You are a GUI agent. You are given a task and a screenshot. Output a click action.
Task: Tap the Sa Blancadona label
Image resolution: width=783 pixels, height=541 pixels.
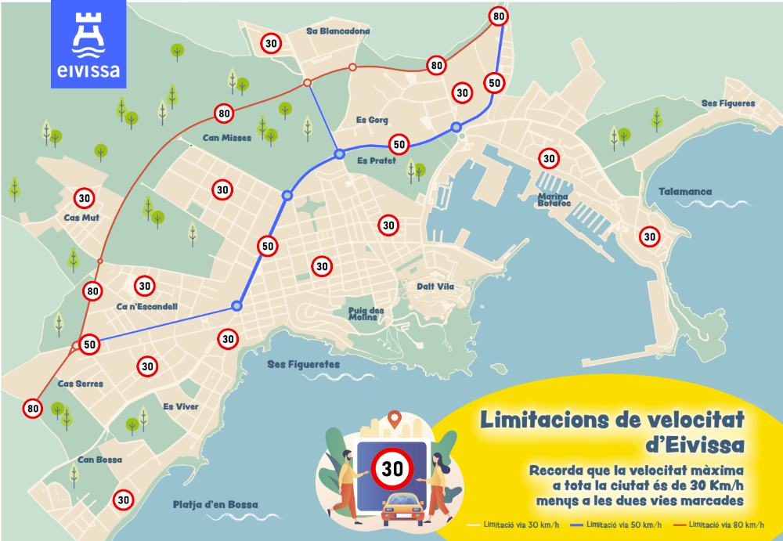338,31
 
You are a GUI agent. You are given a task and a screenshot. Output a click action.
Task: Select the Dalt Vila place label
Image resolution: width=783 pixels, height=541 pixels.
435,287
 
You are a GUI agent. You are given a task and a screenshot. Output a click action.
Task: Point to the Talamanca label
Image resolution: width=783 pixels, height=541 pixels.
685,192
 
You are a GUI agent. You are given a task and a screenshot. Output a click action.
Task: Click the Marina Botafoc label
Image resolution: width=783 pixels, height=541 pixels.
554,200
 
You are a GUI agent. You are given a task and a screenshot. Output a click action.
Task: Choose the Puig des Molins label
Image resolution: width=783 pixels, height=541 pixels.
366,314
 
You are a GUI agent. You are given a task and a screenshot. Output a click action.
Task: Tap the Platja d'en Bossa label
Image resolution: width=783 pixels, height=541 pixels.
215,505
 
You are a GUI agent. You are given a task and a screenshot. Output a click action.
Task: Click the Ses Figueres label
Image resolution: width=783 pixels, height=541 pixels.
728,103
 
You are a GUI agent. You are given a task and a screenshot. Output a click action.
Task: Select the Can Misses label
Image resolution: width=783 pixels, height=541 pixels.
226,138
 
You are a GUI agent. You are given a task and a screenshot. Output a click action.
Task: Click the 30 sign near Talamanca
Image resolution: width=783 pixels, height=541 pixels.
649,236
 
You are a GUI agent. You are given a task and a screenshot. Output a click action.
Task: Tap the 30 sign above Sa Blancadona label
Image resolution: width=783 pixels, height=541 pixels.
272,44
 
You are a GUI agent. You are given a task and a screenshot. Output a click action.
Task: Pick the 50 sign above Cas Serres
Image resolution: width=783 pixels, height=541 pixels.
89,344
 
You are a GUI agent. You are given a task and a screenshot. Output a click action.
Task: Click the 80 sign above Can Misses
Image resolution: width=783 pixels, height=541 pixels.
224,114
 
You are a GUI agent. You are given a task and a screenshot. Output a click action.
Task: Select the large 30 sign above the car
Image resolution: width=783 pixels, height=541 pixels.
392,468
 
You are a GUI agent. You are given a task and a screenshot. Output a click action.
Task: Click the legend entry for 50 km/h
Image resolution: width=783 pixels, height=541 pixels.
616,525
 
